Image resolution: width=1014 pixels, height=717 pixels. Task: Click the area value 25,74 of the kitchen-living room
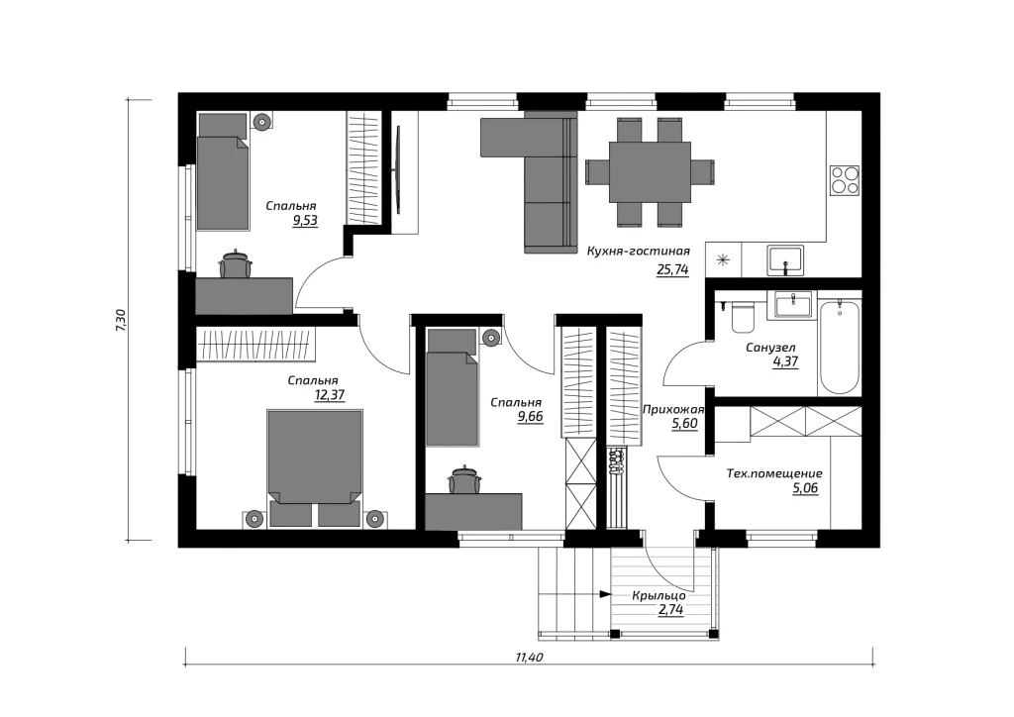(672, 269)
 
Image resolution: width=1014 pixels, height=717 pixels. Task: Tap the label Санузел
(770, 348)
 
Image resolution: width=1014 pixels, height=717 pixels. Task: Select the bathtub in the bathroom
(840, 345)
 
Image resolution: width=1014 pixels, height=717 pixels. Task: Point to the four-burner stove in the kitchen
(845, 179)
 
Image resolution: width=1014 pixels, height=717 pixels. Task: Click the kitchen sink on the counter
(785, 259)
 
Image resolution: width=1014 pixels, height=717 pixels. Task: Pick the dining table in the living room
(650, 172)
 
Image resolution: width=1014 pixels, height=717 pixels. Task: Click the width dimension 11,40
(529, 659)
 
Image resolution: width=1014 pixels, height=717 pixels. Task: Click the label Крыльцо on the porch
(659, 596)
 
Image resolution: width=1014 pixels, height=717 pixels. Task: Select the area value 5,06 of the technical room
(805, 488)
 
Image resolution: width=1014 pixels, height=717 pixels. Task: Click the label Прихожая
(672, 409)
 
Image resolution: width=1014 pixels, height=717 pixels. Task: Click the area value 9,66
(531, 417)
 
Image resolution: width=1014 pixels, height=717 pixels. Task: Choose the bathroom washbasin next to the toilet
(792, 304)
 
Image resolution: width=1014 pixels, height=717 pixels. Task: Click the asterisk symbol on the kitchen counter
(723, 260)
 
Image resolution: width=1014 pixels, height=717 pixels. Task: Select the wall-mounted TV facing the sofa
(398, 169)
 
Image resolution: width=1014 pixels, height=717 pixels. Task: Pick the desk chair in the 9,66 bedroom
(465, 480)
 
